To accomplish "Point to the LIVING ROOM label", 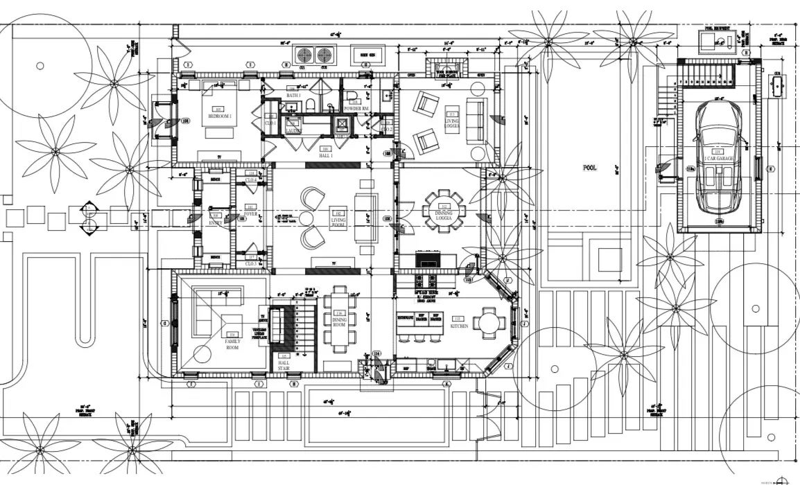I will click(x=338, y=220).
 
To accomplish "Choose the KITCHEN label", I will click(x=458, y=326).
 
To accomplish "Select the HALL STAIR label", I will click(x=284, y=365).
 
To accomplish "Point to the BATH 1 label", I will click(x=293, y=96).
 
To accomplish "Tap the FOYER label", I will click(x=250, y=214).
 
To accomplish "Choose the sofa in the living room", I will click(x=367, y=215).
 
